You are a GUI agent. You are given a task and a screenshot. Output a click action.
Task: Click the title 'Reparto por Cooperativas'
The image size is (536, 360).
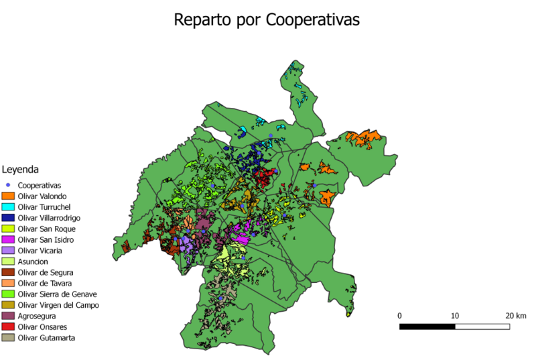[x=267, y=19]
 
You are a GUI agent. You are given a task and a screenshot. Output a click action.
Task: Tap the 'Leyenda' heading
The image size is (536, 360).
[x=20, y=170]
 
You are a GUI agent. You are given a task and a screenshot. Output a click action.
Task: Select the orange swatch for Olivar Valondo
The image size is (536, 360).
[x=8, y=196]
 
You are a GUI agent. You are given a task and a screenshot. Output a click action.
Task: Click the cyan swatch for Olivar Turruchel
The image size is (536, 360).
[x=8, y=206]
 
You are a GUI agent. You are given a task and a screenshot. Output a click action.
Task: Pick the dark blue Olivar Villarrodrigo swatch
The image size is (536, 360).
[x=8, y=217]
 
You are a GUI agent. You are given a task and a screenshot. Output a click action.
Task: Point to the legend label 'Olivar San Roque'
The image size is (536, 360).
[x=46, y=229]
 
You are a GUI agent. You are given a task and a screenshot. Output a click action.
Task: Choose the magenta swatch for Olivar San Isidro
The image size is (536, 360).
[x=8, y=239]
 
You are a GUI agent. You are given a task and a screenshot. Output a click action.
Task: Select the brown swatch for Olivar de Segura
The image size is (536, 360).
[x=8, y=272]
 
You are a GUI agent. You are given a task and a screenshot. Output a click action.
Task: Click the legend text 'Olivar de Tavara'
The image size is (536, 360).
[x=45, y=283]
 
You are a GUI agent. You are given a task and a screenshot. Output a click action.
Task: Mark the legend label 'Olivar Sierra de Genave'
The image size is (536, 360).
[x=58, y=294]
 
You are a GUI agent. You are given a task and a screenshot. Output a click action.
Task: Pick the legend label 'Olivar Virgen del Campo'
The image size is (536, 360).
[x=58, y=305]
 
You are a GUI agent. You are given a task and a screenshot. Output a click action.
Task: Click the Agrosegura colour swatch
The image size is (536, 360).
[x=8, y=316]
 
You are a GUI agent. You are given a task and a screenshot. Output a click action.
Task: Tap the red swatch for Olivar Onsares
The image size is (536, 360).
[x=8, y=326]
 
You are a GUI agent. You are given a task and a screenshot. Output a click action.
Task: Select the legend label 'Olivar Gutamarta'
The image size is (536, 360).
[x=46, y=338]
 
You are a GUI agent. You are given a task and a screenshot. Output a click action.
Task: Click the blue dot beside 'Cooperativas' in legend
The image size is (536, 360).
[x=8, y=185]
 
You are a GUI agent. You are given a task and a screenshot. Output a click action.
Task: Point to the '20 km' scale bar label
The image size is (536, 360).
[x=516, y=315]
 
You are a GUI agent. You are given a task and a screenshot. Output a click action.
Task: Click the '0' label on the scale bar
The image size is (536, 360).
[x=399, y=315]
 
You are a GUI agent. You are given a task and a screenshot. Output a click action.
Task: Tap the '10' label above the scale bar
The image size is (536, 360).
[x=454, y=315]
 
